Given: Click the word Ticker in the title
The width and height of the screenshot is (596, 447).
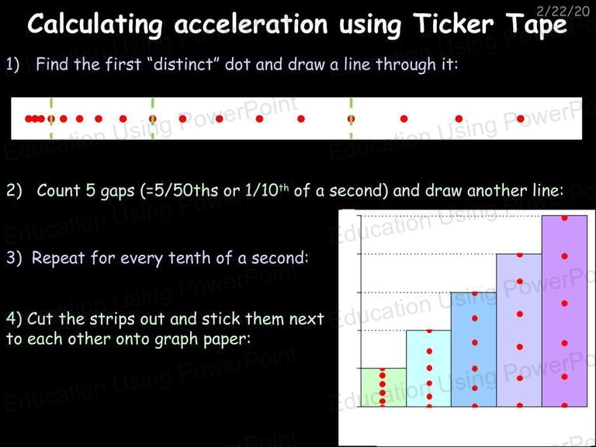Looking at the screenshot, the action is coord(453,23).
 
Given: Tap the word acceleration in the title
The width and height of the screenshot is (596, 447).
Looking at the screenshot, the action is coord(251,24).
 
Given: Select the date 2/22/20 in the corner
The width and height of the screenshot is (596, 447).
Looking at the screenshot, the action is coord(563,11).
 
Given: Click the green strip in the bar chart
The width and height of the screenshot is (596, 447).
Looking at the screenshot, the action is coord(383,387).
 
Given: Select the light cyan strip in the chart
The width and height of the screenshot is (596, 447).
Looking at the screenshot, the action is coord(428,369).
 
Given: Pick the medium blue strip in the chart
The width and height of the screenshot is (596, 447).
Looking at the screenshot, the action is coord(473,349).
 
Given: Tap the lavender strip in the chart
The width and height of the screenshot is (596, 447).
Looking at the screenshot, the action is coord(519,330).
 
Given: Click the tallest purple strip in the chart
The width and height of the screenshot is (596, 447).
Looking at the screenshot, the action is coord(564,311).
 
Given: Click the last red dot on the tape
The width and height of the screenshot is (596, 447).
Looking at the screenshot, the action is coord(521,119).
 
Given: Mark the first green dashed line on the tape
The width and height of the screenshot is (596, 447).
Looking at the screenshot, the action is coord(51,118).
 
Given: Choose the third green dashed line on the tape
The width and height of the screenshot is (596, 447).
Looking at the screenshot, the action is coord(352,118).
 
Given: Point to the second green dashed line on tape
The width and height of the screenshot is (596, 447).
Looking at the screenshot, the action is coord(152,118).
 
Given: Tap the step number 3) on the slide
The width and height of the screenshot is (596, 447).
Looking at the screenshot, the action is coord(14,258).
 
